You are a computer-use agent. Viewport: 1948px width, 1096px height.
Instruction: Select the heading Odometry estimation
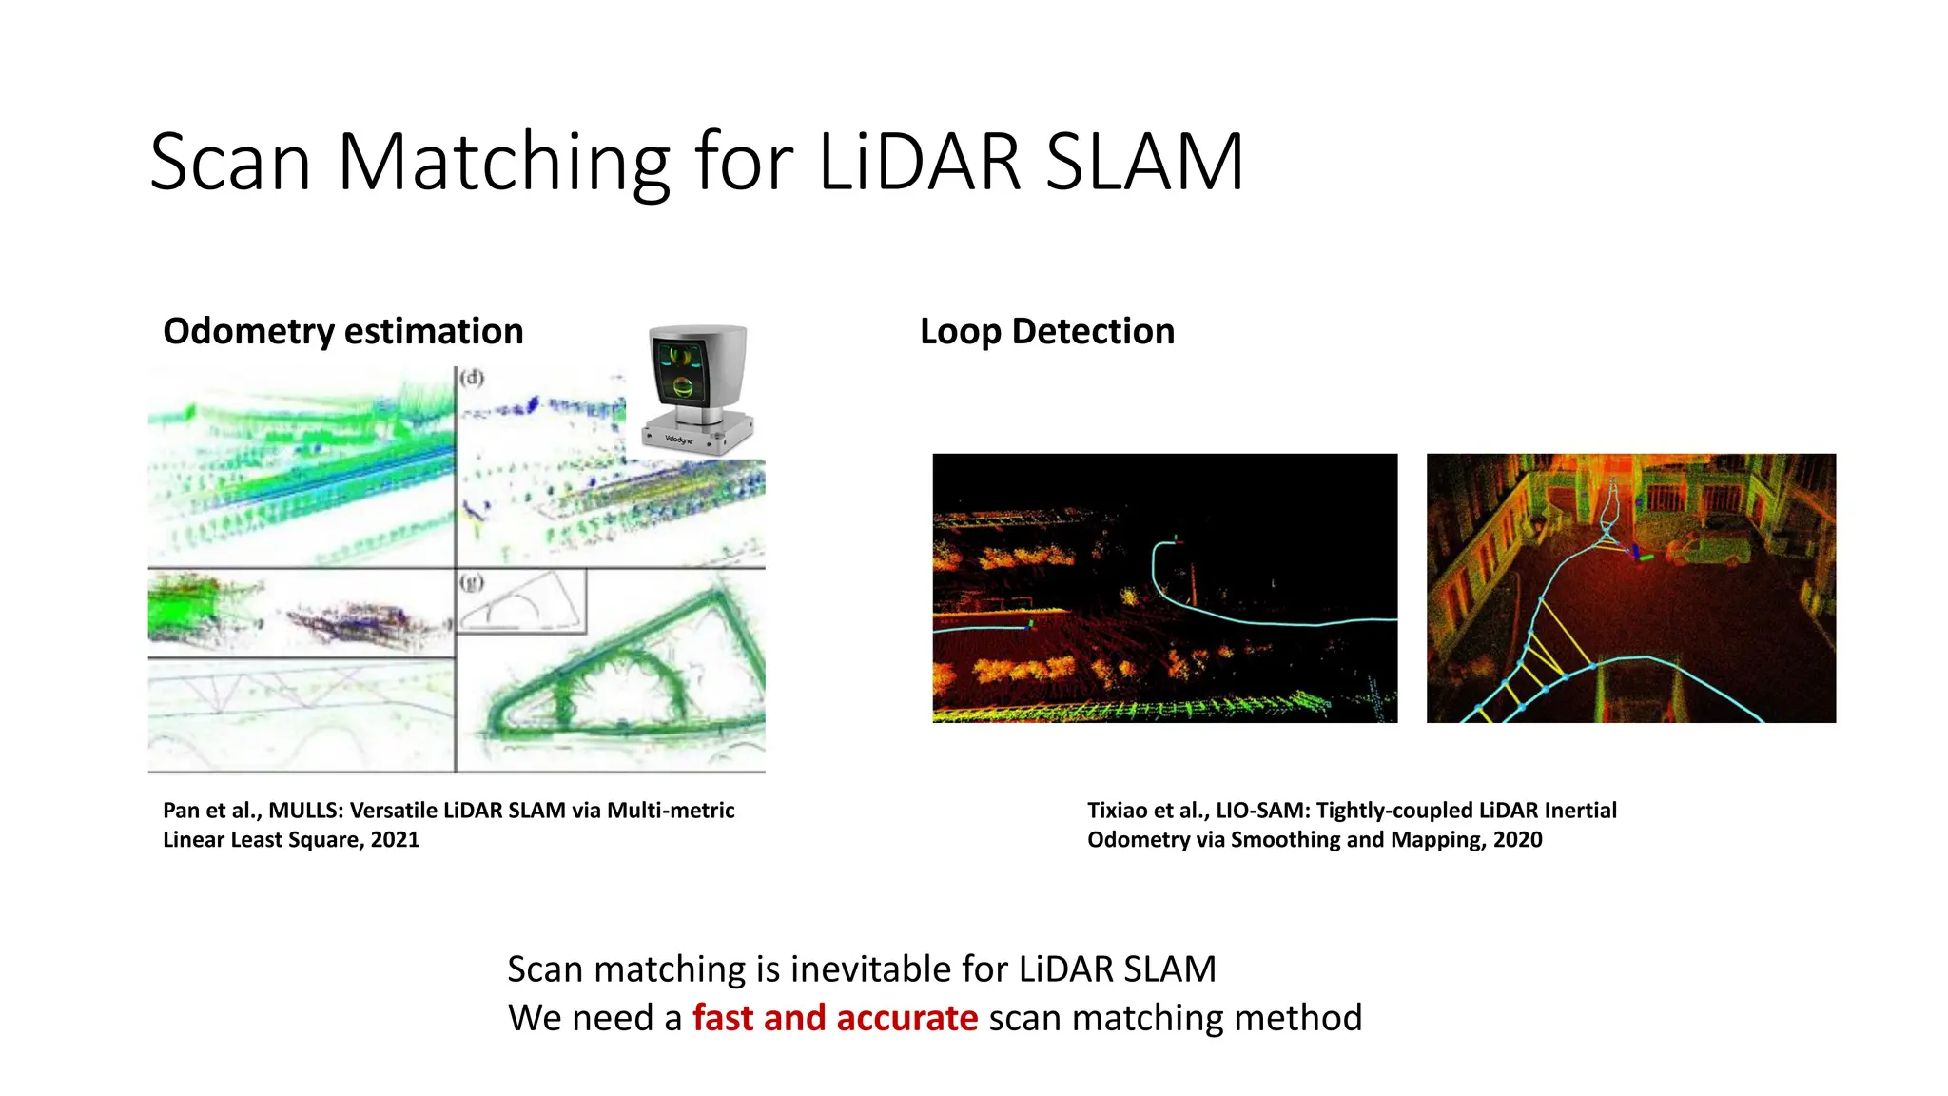[x=342, y=331]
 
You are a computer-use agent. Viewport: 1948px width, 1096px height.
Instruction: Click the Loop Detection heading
[x=1046, y=331]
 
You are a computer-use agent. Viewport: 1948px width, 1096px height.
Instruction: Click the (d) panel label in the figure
[x=472, y=378]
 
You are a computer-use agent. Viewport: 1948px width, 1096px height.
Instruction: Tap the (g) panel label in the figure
[x=472, y=581]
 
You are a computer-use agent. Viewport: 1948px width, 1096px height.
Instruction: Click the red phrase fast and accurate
[x=834, y=1018]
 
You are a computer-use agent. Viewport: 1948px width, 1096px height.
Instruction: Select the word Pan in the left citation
[x=180, y=811]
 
